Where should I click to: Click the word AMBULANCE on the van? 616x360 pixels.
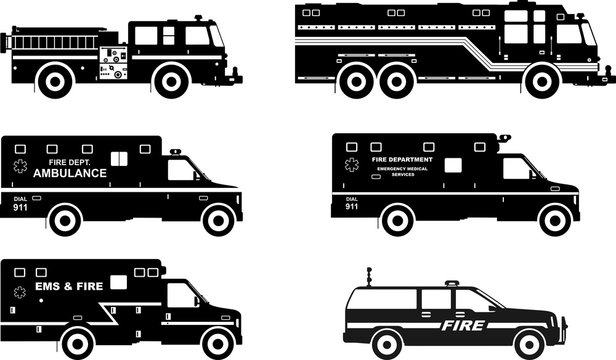[x=70, y=173]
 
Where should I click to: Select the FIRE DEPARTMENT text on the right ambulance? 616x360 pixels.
[x=402, y=159]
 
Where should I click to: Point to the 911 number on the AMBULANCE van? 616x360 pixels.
[x=21, y=206]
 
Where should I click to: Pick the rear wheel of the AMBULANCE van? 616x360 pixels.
[x=65, y=219]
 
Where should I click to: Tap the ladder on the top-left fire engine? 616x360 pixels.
[x=50, y=41]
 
